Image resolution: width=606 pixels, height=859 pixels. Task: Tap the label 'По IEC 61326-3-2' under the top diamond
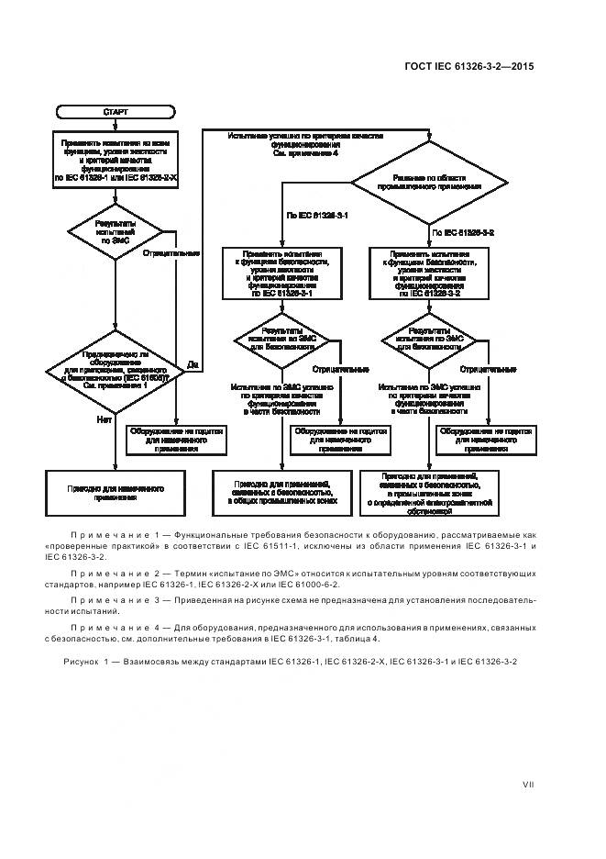click(x=464, y=233)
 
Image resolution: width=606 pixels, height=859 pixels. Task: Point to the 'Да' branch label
click(x=193, y=365)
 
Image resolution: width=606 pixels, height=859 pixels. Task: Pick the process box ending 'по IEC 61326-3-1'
click(x=282, y=273)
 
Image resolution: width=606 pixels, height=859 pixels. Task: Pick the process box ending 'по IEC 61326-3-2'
click(x=428, y=273)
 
